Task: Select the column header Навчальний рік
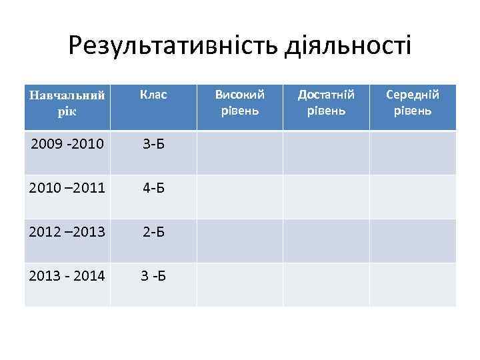[x=67, y=103]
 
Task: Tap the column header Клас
[x=153, y=95]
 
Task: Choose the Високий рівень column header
[x=240, y=103]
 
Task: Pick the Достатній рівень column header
[x=326, y=103]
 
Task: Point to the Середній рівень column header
[x=413, y=103]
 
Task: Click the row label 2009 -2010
[x=67, y=143]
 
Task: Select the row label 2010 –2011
[x=67, y=187]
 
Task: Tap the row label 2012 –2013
[x=67, y=231]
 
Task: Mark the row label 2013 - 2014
[x=67, y=275]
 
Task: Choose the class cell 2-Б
[x=153, y=231]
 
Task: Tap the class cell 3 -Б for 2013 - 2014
[x=153, y=275]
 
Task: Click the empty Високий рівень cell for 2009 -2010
[x=240, y=152]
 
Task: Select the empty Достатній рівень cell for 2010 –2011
[x=326, y=197]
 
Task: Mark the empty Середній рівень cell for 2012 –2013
[x=413, y=241]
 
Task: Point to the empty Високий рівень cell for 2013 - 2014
[x=240, y=285]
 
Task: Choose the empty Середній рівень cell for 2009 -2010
[x=413, y=152]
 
